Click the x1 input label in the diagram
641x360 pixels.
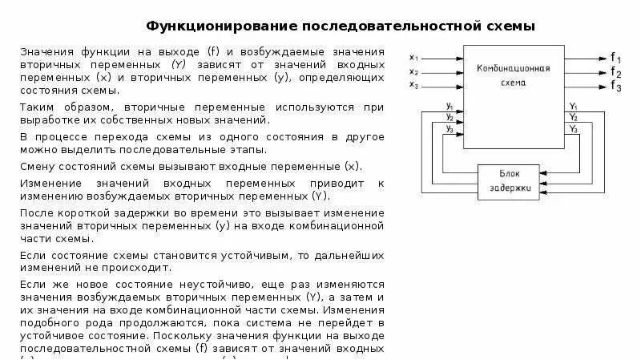pos(413,57)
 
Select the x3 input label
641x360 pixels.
pos(413,83)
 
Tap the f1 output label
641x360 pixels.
pos(615,58)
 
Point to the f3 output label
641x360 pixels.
pos(615,87)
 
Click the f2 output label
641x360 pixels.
pos(615,72)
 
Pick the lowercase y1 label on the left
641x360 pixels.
pos(450,107)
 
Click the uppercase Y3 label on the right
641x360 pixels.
pos(573,128)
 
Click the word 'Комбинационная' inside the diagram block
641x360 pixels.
pos(512,69)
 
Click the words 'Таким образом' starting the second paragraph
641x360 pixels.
pos(58,106)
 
